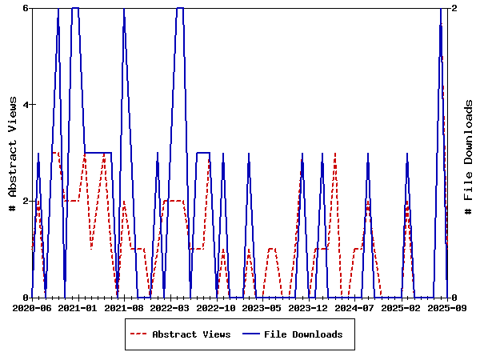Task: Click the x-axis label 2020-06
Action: click(x=32, y=307)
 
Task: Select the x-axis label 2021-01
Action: click(x=78, y=307)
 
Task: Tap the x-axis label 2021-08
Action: click(x=124, y=307)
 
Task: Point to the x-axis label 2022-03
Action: click(x=170, y=307)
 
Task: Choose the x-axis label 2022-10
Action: click(x=216, y=307)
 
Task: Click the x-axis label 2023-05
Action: click(x=262, y=307)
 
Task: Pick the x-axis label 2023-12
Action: click(x=308, y=307)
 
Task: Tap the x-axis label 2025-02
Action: click(x=400, y=307)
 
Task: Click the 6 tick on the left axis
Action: click(x=26, y=8)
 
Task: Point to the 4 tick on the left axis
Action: click(x=26, y=105)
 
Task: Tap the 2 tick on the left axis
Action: click(x=26, y=201)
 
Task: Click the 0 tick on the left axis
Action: click(x=26, y=298)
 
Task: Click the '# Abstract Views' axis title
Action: click(x=12, y=153)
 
